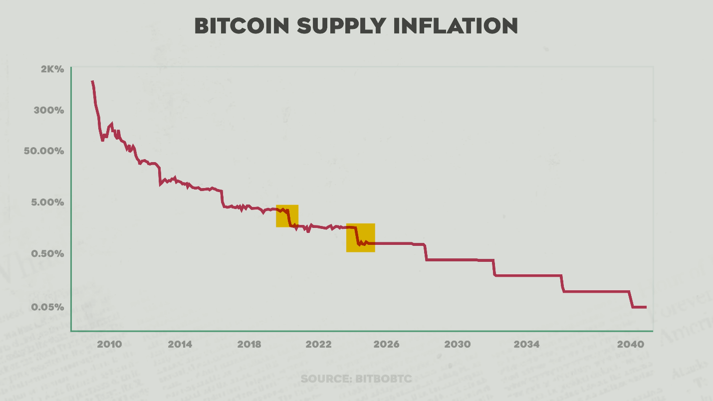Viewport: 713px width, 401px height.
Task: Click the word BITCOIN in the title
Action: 241,26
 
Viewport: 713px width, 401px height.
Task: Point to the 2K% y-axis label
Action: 52,69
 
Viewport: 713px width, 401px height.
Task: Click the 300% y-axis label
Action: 49,110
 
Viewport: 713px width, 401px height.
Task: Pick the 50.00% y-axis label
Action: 44,151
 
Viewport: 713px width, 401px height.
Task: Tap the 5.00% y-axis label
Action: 47,202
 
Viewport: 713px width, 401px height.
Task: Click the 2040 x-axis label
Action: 629,345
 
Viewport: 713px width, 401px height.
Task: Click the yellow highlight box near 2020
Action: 287,216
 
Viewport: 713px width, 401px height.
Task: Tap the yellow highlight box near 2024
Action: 360,237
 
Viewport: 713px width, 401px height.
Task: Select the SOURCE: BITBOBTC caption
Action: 356,379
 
